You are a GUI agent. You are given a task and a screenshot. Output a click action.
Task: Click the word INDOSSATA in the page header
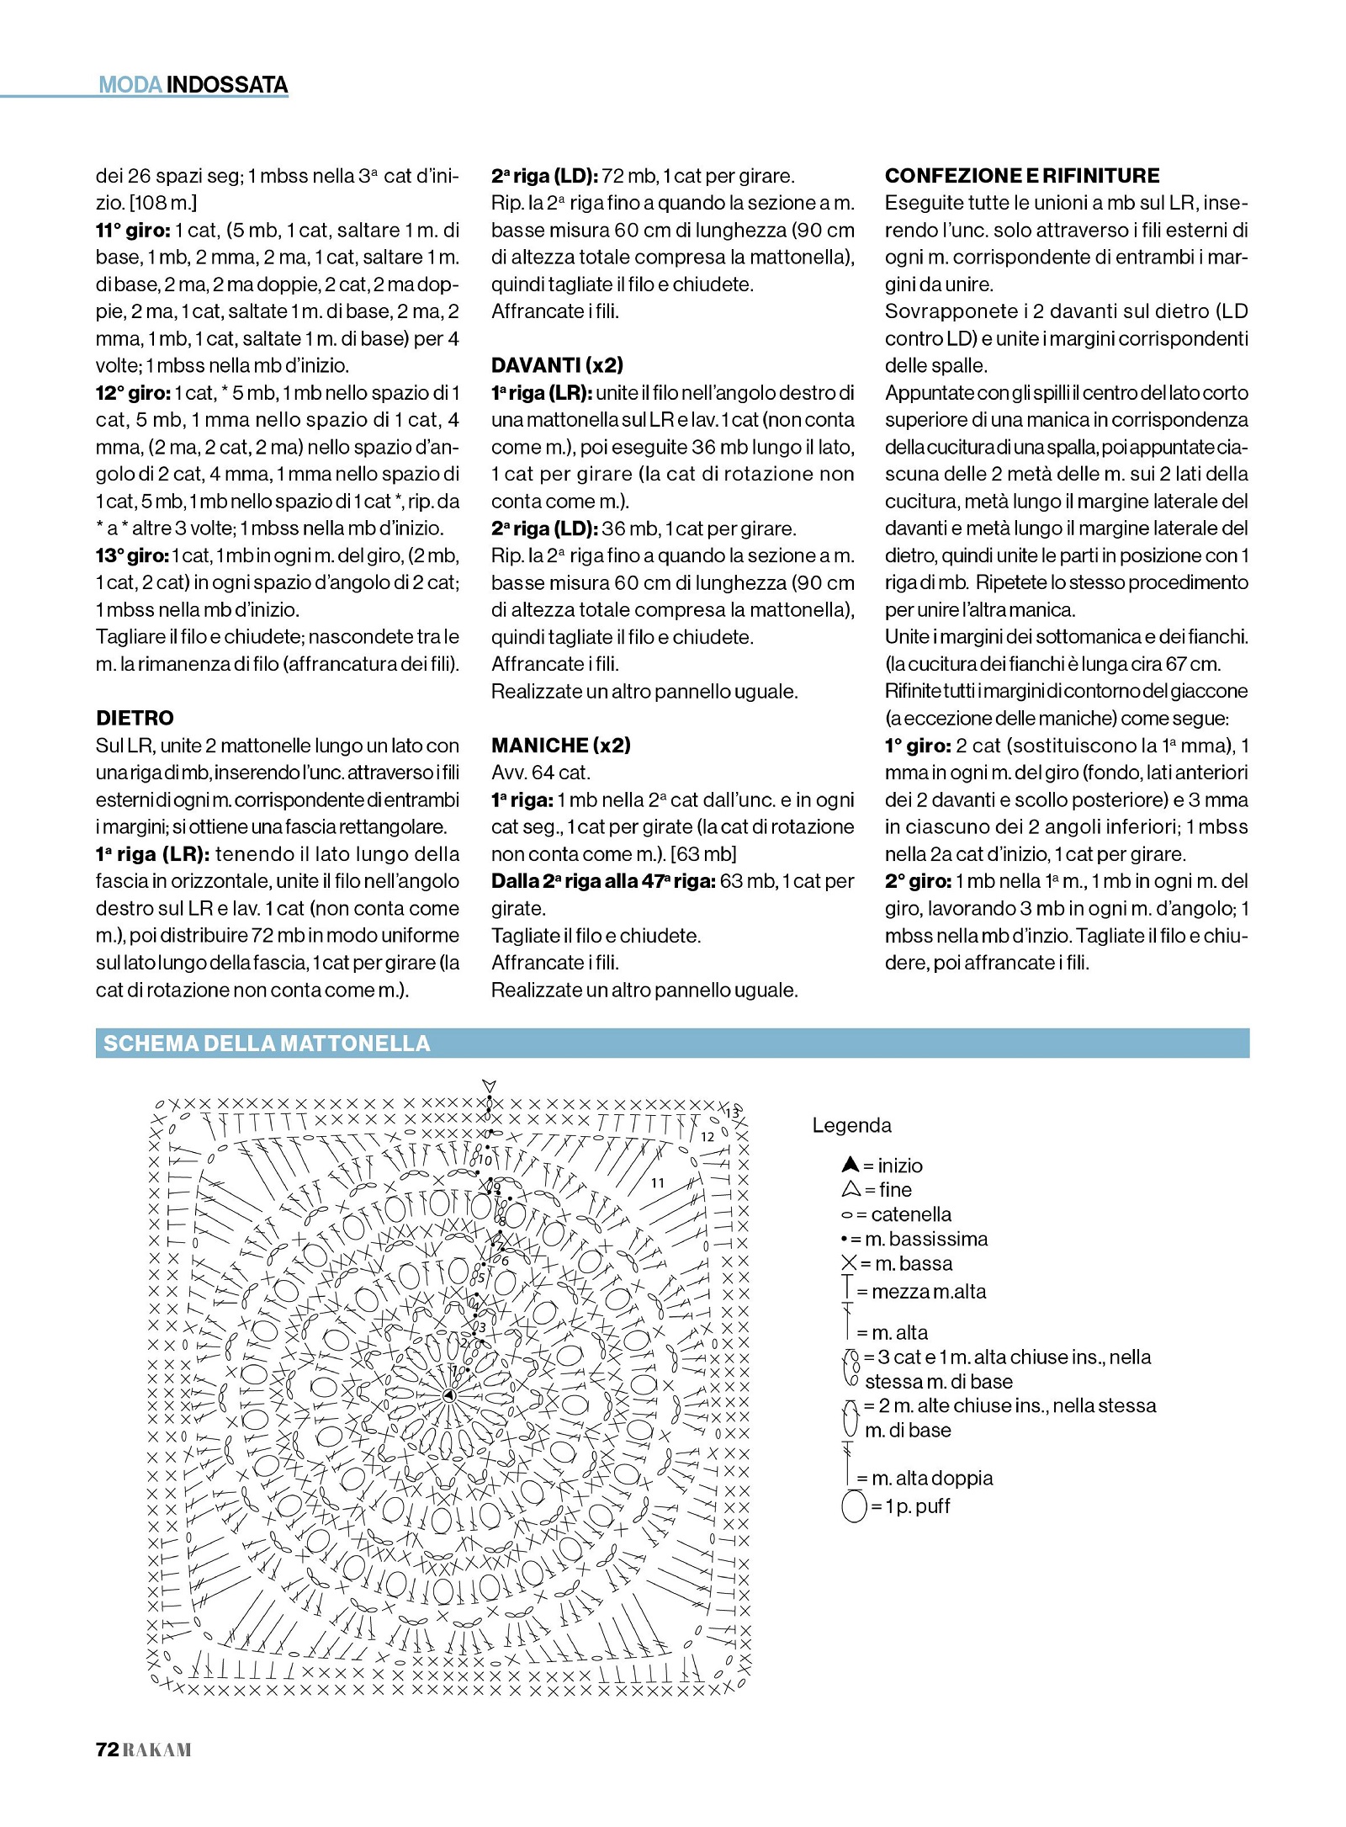(x=227, y=85)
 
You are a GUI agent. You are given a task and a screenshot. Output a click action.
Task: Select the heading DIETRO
(x=135, y=718)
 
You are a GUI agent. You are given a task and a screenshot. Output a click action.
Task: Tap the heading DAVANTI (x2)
(x=557, y=365)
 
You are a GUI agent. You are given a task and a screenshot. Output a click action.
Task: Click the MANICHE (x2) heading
(x=560, y=745)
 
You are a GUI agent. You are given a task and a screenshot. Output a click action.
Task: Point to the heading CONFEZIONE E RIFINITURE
(x=1021, y=176)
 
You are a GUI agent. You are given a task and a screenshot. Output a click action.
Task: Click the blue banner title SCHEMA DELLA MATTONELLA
(x=267, y=1044)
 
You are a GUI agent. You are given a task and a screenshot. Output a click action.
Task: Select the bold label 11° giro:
(x=133, y=230)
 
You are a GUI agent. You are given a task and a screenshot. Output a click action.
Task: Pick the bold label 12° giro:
(x=133, y=393)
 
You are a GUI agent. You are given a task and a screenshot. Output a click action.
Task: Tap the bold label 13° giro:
(x=132, y=555)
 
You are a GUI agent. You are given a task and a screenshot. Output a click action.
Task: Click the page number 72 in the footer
(x=107, y=1750)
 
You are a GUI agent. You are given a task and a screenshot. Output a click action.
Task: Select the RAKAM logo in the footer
(x=157, y=1750)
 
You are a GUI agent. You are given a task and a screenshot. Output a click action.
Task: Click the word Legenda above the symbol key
(x=851, y=1125)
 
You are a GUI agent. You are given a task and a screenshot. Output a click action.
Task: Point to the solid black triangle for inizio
(x=850, y=1165)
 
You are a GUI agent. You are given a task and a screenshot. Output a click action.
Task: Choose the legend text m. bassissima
(x=926, y=1239)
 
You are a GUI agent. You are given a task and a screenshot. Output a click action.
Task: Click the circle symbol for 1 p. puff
(x=854, y=1506)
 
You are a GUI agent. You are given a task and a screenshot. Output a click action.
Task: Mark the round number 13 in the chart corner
(x=732, y=1113)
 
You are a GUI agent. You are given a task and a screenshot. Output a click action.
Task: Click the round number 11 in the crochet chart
(x=657, y=1182)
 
